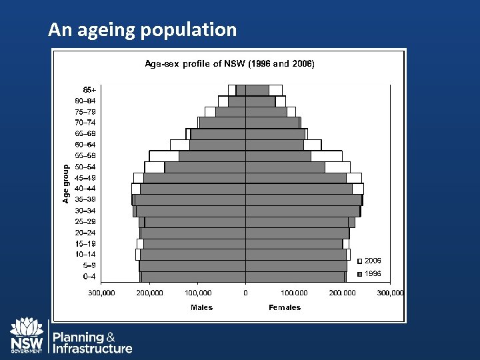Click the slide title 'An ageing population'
142,29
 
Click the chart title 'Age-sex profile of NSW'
230,65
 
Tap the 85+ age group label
89,90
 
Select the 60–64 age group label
85,145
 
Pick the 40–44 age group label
85,189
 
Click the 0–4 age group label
88,276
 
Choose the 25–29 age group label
85,221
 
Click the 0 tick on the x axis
245,293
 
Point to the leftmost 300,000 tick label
103,293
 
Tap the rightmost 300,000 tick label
391,293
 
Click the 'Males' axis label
202,307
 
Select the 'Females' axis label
285,307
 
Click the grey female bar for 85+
257,90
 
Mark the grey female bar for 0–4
295,276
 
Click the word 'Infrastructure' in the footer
93,349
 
